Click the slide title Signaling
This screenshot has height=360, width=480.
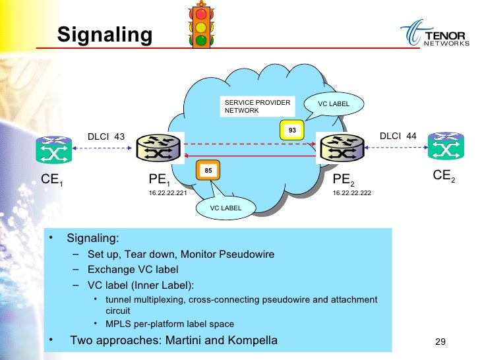click(x=104, y=34)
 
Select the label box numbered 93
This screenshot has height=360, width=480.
click(x=291, y=131)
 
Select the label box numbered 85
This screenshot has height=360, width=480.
click(x=208, y=171)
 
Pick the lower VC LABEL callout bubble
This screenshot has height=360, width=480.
click(x=225, y=208)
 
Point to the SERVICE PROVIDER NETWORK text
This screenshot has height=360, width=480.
click(x=247, y=107)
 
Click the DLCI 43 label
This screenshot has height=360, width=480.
click(x=106, y=136)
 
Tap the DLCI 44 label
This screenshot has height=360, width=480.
click(x=398, y=136)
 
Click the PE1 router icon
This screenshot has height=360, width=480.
click(x=158, y=149)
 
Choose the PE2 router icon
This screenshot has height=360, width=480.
click(x=341, y=148)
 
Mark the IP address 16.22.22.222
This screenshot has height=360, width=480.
click(x=351, y=194)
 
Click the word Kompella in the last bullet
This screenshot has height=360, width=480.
click(x=251, y=340)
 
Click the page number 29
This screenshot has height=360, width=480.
click(x=442, y=342)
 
